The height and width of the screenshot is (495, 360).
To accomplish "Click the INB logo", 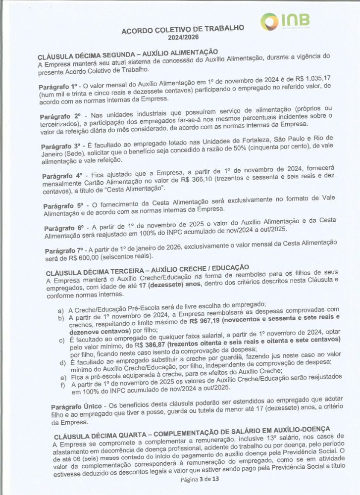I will tap(286, 21).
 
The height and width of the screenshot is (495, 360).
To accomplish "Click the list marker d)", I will tap(62, 362).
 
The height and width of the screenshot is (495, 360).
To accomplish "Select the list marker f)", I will tap(62, 385).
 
